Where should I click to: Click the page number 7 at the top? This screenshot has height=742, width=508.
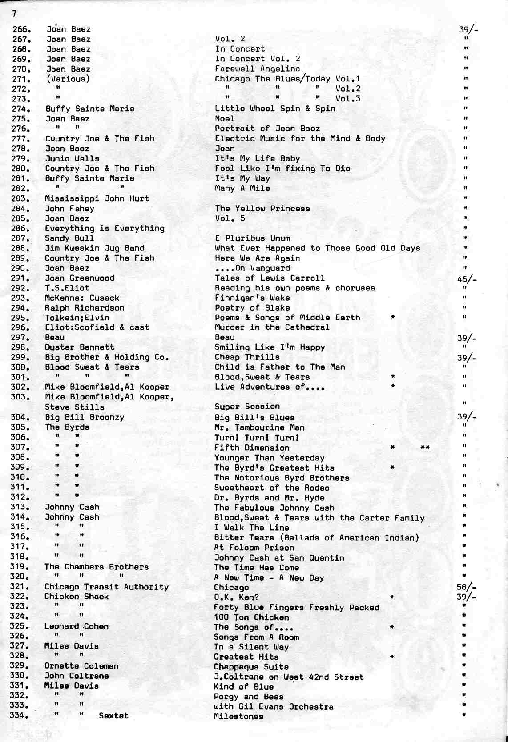click(14, 13)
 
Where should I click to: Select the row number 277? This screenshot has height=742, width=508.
click(20, 139)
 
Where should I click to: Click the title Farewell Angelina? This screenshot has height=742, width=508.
click(257, 69)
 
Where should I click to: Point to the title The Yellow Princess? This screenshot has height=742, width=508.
click(262, 209)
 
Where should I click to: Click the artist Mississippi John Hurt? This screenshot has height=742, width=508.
click(97, 198)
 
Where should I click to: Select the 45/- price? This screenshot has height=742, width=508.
click(467, 279)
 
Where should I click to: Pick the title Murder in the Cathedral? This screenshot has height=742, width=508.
click(272, 327)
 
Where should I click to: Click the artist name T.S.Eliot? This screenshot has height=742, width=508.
click(67, 288)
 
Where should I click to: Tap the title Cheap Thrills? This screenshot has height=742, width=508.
click(247, 357)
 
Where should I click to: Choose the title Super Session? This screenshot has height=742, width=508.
click(247, 407)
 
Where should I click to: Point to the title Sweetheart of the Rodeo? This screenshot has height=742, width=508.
click(271, 488)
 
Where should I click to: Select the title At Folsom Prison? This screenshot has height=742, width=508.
click(254, 548)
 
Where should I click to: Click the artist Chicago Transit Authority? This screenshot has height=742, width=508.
click(106, 587)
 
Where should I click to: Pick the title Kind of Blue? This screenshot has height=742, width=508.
click(243, 686)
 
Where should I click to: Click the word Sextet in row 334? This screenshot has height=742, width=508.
click(113, 716)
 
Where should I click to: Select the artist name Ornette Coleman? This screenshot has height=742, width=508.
click(81, 666)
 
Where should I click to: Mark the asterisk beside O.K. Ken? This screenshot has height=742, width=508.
click(391, 597)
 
